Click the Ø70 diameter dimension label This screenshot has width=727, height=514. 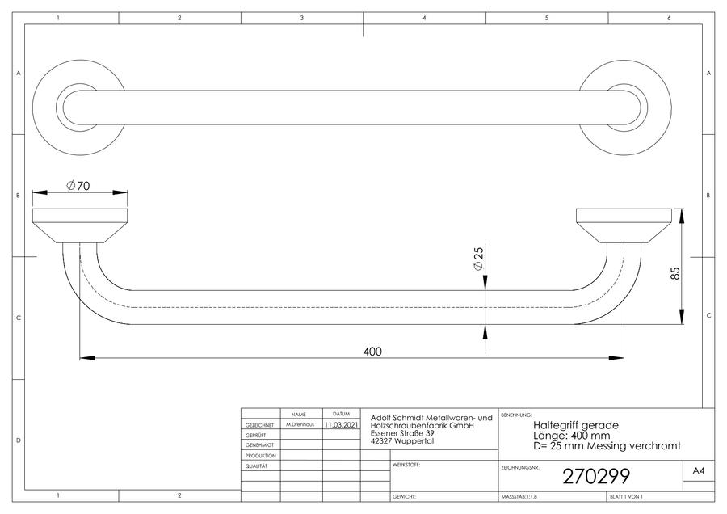tap(78, 186)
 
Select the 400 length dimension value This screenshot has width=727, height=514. tap(372, 352)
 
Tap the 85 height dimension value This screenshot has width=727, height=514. tap(675, 273)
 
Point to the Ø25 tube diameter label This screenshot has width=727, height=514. tap(478, 258)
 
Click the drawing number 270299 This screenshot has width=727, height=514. tap(596, 477)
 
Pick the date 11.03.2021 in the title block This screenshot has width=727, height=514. tap(341, 424)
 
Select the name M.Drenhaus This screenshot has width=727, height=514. tap(300, 424)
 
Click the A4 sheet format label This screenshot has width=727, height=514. tap(699, 471)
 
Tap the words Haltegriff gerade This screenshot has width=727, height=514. tap(576, 425)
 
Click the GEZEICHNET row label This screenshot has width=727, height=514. tap(259, 425)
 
